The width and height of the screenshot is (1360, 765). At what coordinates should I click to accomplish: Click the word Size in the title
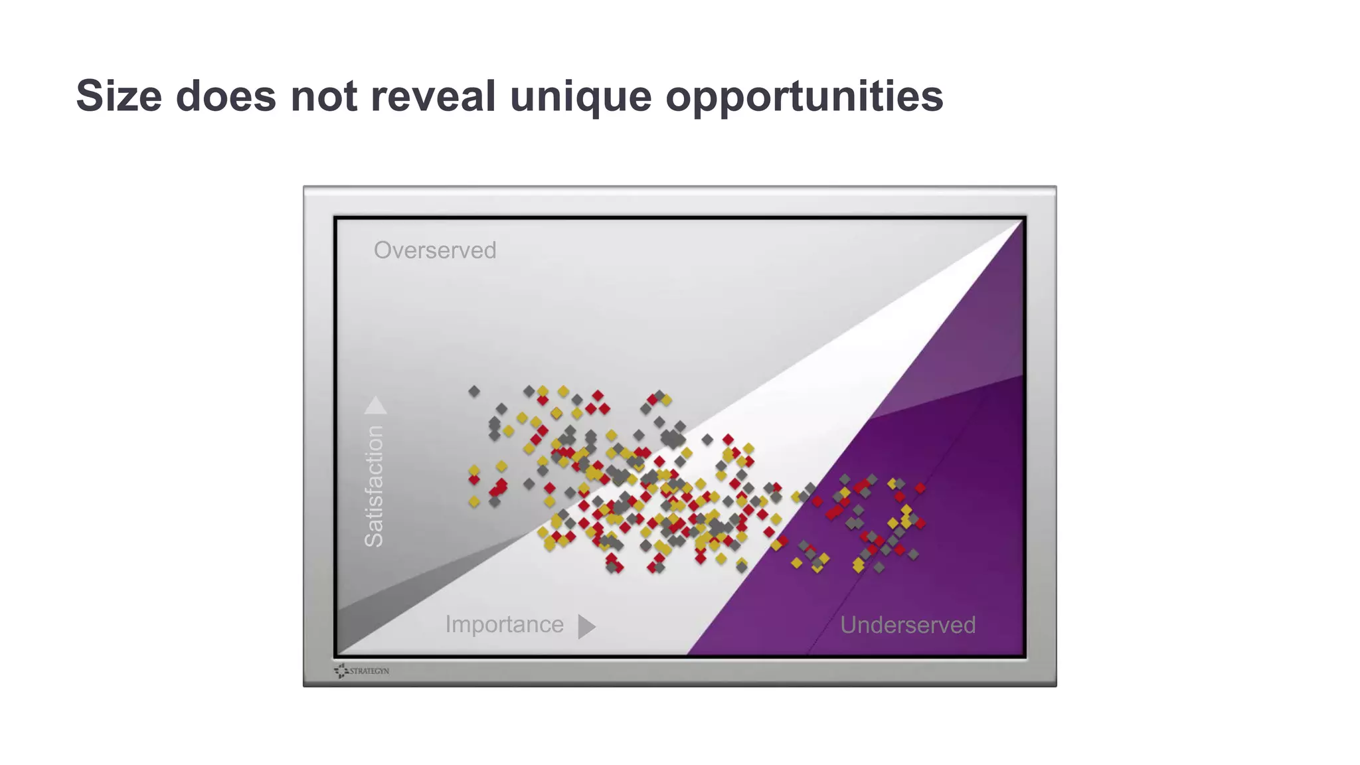(119, 96)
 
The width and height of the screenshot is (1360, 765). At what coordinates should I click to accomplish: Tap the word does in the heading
(225, 96)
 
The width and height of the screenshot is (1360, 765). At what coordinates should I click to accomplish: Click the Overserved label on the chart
(435, 250)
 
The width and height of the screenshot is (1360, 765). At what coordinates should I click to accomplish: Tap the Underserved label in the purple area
(907, 625)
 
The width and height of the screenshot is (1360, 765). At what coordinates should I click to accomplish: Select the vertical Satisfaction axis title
(374, 486)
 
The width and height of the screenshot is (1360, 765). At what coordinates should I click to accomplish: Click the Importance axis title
(504, 624)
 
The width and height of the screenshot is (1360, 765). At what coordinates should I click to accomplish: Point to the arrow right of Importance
(586, 626)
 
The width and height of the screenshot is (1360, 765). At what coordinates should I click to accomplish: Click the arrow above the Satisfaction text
(375, 405)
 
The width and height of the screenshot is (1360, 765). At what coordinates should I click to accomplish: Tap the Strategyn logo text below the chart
(369, 671)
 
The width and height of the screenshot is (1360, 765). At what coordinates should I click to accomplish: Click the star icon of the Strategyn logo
(341, 671)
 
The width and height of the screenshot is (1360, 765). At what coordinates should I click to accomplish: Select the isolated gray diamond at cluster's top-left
(473, 391)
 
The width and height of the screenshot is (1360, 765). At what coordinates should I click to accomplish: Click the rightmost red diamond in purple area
(920, 488)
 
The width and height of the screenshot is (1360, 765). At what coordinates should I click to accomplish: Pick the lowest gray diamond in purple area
(879, 568)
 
